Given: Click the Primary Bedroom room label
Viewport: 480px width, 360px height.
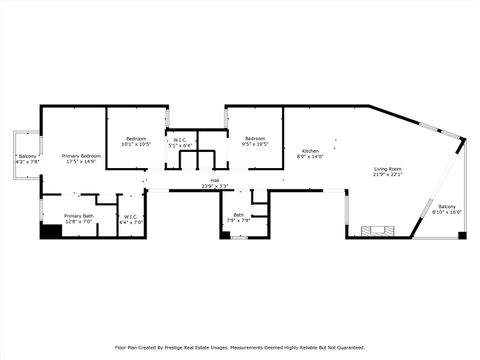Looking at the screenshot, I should [81, 157].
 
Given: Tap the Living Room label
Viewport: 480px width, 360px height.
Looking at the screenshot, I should [388, 169].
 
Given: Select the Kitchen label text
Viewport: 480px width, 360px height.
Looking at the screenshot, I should [311, 151].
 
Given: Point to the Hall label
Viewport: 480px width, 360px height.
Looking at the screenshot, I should [214, 181].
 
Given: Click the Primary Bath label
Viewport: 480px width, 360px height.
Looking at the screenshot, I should [79, 216].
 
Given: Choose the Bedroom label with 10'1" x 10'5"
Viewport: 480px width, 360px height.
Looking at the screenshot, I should [136, 138].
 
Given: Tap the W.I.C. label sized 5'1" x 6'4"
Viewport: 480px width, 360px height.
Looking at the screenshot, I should [180, 140].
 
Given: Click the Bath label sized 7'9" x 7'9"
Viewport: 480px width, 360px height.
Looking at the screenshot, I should [238, 215].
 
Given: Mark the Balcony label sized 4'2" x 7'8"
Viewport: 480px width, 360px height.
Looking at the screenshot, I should [27, 157].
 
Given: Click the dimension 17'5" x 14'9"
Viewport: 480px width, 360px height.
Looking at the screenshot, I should [81, 163].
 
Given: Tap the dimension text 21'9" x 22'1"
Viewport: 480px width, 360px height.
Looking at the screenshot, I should [388, 175].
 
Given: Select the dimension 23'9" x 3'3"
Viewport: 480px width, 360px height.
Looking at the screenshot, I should [214, 187].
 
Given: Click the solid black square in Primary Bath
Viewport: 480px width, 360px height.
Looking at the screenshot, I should [50, 231].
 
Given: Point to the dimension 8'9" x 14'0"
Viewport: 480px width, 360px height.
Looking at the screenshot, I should [311, 157].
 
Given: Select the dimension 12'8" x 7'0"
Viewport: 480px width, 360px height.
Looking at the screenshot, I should [79, 222].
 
